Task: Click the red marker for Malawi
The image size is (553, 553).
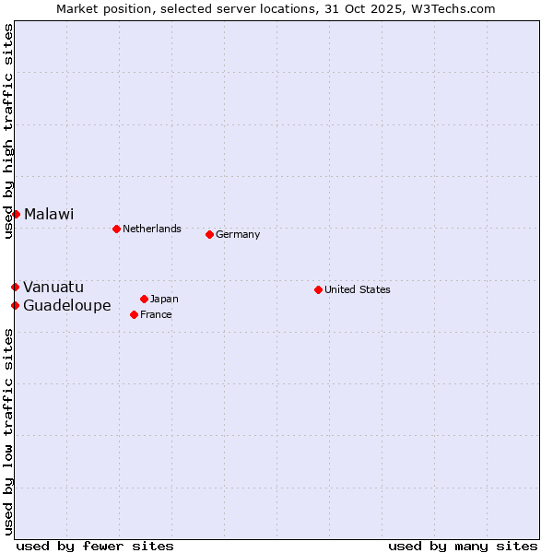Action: [16, 214]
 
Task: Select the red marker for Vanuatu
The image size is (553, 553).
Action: [15, 288]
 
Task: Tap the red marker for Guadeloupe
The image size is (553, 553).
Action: [15, 305]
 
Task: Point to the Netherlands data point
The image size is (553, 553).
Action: [116, 229]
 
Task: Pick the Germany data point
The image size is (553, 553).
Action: [209, 234]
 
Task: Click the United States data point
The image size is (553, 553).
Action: [318, 289]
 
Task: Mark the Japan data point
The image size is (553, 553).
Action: [144, 299]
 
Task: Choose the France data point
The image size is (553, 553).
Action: [135, 314]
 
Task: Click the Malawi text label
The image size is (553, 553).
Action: [49, 214]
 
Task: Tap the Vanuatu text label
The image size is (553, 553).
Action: [53, 288]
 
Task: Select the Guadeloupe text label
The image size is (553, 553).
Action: [67, 305]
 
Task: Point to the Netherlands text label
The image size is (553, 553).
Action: [152, 229]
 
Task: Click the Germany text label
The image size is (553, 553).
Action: [238, 234]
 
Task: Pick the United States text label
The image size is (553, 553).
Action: [358, 289]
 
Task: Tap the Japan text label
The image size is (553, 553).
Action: [164, 299]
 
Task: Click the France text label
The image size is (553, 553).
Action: [156, 314]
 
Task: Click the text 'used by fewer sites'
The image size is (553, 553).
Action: [95, 546]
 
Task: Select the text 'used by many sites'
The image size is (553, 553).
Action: [463, 546]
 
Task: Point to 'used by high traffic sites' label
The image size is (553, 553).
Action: [8, 131]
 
